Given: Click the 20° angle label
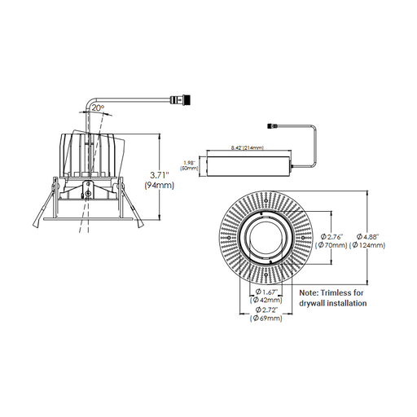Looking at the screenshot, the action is [98, 108].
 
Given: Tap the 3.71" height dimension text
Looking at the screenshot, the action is [159, 175].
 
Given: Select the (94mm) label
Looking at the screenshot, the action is [159, 186].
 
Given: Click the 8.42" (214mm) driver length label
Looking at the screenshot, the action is [248, 147].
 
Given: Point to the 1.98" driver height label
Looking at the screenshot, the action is [189, 163].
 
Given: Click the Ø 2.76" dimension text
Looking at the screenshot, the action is [331, 236].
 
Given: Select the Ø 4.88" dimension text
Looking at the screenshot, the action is [367, 236].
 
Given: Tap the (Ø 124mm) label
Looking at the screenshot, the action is [367, 245].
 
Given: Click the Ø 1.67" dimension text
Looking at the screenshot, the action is [266, 292].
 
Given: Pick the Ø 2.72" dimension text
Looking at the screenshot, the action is [266, 309].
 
